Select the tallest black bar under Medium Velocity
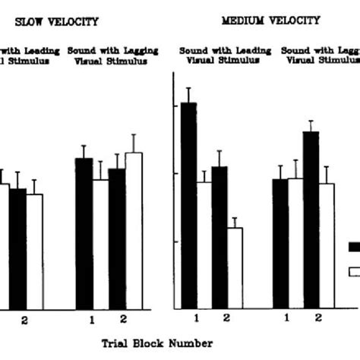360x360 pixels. click(x=188, y=205)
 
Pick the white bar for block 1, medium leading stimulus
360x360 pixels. click(x=204, y=245)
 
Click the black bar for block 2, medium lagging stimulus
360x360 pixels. click(x=311, y=219)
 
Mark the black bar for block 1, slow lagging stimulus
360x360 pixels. click(x=84, y=232)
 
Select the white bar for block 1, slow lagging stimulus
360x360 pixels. click(x=99, y=244)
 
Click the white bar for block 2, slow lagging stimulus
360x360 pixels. click(x=133, y=230)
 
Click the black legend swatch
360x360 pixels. click(x=353, y=246)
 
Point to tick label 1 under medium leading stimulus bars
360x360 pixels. click(x=196, y=317)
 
